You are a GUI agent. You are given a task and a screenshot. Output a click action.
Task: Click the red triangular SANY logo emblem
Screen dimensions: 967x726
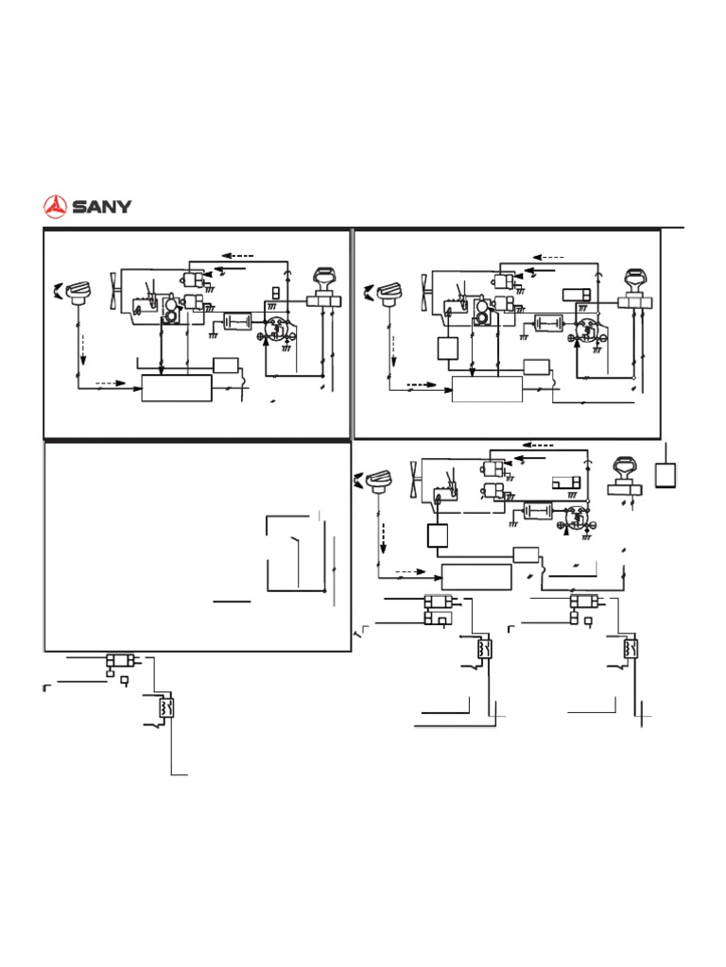click(57, 205)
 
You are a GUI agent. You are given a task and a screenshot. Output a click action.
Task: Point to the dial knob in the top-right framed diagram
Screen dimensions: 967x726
click(388, 294)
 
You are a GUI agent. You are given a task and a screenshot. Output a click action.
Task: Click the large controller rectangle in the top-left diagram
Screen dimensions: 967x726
click(176, 387)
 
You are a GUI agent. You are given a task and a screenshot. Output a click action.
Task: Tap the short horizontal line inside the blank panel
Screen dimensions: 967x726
click(232, 601)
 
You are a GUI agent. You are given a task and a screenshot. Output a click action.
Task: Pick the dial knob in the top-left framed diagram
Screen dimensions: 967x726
click(77, 294)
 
